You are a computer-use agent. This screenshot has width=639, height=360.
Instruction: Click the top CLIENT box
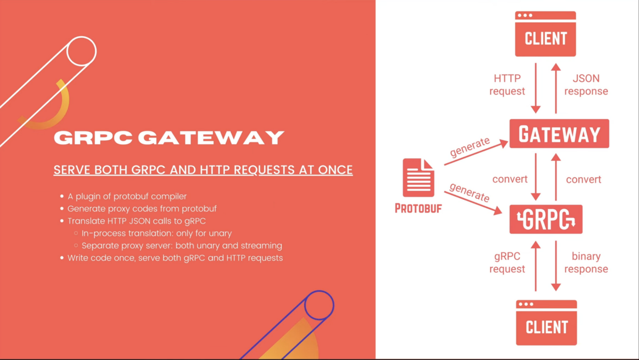pos(545,34)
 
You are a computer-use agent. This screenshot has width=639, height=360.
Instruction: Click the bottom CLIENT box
pos(546,323)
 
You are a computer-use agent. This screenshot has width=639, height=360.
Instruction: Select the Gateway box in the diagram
pos(559,134)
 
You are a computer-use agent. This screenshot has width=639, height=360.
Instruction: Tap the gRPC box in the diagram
pos(546,219)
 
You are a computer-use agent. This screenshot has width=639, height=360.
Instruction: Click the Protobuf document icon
pos(418,178)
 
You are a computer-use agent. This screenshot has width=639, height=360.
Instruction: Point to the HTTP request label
pos(507,85)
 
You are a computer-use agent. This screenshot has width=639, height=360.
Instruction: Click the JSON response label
pos(586,85)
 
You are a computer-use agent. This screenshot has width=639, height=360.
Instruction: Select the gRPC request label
pos(507,263)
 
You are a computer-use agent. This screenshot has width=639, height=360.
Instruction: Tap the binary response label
pos(586,263)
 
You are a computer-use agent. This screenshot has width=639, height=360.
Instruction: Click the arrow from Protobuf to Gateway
pos(476,153)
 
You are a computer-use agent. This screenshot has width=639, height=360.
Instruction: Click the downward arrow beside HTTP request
pos(536,88)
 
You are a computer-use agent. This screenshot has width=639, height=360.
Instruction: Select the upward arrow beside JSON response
pos(556,88)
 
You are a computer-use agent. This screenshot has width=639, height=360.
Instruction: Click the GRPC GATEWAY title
pos(169,138)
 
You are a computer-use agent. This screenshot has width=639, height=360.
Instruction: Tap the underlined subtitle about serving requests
pos(203,170)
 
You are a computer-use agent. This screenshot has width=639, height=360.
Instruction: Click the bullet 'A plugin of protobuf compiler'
pos(127,196)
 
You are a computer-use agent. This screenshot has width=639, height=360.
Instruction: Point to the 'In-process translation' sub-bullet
pos(156,233)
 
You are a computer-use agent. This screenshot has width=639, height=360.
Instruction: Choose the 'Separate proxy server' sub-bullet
pos(182,246)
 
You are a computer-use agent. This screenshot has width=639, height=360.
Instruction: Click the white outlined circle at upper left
pos(81,52)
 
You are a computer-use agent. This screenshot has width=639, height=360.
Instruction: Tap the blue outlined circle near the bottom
pos(319,305)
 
